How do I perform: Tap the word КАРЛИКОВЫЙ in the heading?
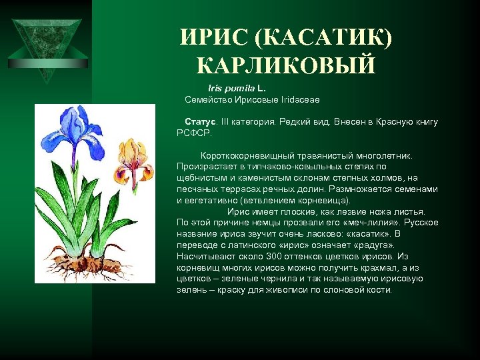286,65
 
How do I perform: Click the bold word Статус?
200,122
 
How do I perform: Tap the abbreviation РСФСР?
193,133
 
